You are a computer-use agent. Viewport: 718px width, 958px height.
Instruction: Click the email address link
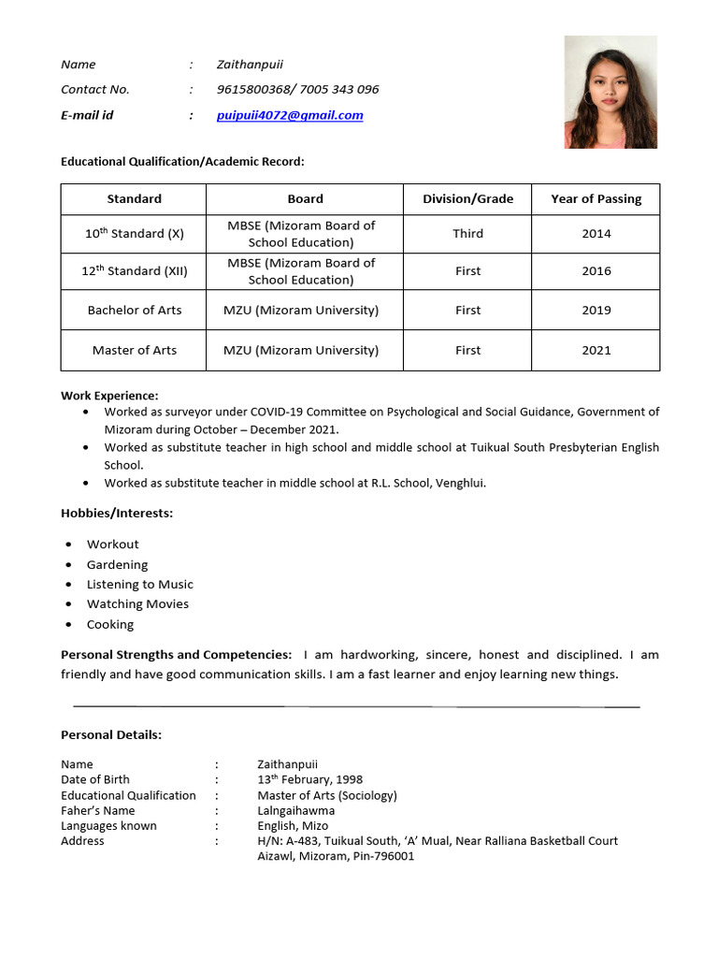pos(290,115)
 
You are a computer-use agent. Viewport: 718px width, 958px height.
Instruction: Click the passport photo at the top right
pos(610,92)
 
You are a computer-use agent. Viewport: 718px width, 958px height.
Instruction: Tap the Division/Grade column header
pos(467,198)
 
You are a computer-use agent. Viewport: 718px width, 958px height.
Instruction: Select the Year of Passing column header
pos(596,198)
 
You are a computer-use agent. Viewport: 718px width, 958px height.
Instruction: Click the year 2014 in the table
pos(596,234)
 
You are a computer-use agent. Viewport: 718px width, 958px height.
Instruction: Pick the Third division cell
pos(467,234)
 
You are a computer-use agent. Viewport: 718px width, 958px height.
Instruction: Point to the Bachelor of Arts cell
pos(135,310)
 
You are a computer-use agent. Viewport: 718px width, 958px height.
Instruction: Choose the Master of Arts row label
pos(135,350)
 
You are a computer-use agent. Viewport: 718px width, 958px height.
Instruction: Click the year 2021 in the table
pos(596,350)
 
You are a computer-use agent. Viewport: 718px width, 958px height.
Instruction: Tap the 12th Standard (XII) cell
pos(135,271)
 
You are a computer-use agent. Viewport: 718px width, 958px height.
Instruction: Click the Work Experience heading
pos(109,396)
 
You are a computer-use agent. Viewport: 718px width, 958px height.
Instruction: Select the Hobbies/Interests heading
pos(117,513)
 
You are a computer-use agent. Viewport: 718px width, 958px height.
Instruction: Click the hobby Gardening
pos(117,564)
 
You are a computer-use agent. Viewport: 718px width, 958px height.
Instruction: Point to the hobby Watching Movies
pos(137,603)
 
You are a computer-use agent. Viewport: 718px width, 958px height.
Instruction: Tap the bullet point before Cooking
pos(69,625)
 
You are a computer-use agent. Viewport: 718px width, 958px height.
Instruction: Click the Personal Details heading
pos(111,734)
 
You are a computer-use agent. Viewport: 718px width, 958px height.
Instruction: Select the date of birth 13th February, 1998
pos(309,779)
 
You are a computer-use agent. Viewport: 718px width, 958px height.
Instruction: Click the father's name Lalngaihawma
pos(295,810)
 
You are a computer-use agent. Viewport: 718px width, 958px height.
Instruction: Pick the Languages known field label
pos(108,825)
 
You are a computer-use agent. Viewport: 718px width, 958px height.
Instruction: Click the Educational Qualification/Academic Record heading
pos(182,162)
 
